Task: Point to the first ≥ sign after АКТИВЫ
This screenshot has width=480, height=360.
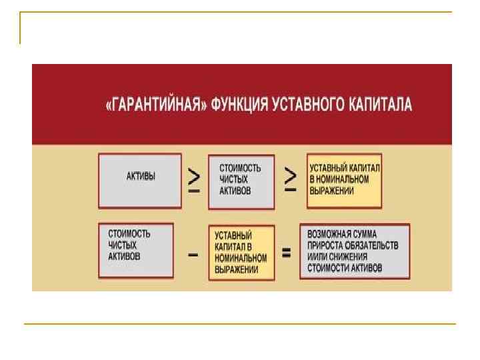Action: coord(194,180)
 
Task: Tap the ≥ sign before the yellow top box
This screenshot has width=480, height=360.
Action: coord(291,180)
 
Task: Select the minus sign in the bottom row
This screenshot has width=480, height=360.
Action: coord(192,254)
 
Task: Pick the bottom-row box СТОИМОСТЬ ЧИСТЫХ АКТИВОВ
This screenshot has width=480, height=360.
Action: coord(135,249)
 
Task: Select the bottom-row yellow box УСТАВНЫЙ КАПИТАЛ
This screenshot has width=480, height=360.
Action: coord(241,253)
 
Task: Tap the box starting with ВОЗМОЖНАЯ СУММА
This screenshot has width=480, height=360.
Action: coord(354,251)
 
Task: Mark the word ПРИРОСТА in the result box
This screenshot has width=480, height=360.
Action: coord(324,245)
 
